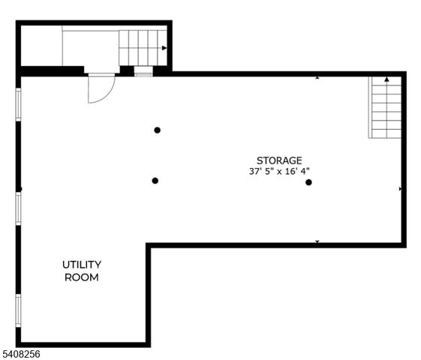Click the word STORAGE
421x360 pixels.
click(x=279, y=160)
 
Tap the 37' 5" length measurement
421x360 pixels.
click(x=263, y=171)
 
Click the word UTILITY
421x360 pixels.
click(x=82, y=265)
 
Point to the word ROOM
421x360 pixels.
click(x=82, y=277)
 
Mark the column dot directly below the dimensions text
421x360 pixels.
click(x=308, y=182)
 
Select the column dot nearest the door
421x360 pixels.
click(x=158, y=130)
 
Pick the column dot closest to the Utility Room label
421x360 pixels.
click(x=155, y=181)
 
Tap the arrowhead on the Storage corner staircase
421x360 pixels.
click(x=386, y=79)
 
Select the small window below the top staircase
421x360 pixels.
click(x=143, y=72)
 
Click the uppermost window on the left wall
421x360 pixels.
click(x=19, y=104)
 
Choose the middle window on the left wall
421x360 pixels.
click(x=19, y=208)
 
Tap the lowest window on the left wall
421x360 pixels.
click(x=19, y=310)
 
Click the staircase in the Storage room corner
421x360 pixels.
click(x=386, y=109)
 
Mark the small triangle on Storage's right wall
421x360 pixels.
click(x=400, y=189)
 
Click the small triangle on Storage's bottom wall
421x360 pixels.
click(x=317, y=241)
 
